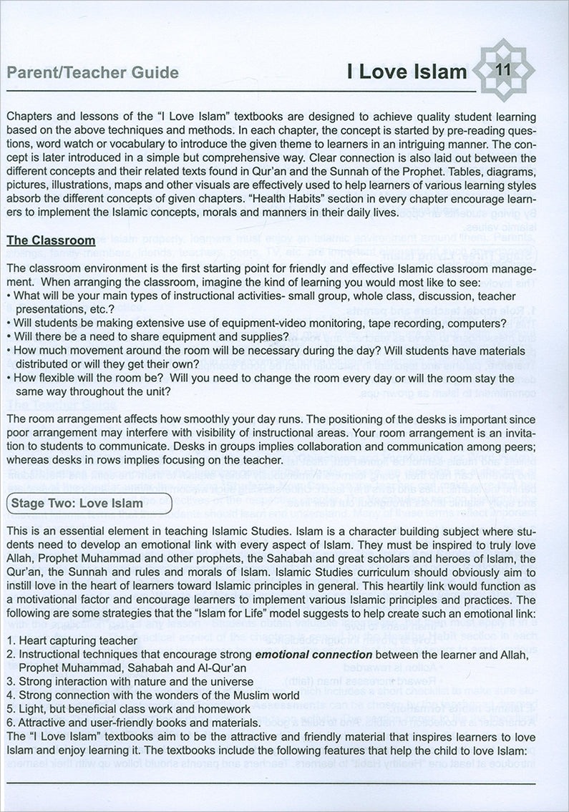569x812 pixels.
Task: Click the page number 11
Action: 502,71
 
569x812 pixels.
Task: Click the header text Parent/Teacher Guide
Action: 92,73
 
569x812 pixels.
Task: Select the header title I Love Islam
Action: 407,72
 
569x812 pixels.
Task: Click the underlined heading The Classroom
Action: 51,240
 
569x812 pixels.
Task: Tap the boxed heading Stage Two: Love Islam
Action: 89,503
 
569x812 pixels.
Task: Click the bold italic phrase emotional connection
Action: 313,654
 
